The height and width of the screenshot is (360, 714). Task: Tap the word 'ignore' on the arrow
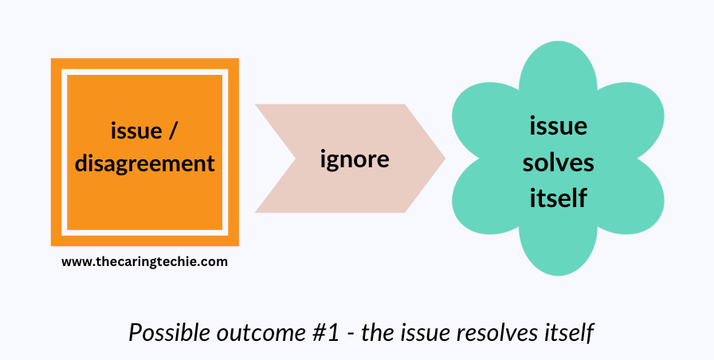(x=354, y=158)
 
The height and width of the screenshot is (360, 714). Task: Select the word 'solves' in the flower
(x=558, y=162)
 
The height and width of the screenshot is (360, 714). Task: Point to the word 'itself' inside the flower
(x=558, y=197)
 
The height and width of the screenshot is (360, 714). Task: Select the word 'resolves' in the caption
(x=499, y=333)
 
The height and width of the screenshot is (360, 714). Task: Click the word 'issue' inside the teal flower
(x=558, y=126)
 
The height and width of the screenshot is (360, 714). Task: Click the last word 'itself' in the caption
(x=567, y=333)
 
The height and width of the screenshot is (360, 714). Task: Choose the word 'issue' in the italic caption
(x=430, y=333)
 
